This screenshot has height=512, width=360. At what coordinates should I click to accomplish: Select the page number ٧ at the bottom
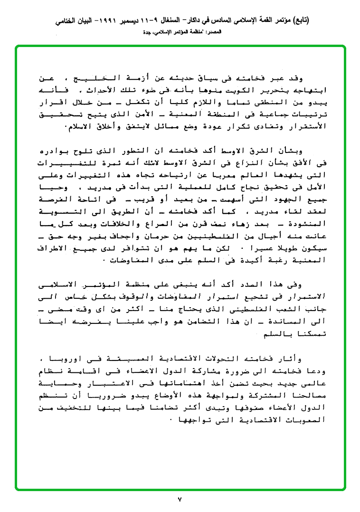click(180, 499)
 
